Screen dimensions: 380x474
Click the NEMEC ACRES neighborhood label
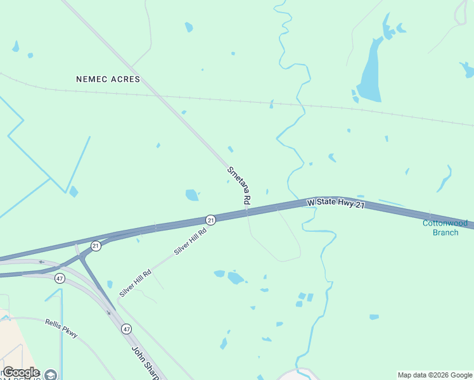point(108,79)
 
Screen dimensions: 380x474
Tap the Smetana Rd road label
point(240,184)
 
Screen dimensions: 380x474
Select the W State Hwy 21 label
point(336,204)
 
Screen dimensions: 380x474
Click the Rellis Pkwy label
point(61,327)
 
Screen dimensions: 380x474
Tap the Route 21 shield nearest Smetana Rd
point(210,219)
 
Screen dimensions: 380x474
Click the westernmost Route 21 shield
point(96,246)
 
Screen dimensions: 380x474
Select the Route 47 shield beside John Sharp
point(126,329)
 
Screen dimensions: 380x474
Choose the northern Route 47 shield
point(60,278)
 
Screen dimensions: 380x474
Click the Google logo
point(21,372)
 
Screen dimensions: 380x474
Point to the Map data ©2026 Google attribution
point(435,375)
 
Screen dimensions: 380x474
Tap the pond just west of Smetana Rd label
point(191,195)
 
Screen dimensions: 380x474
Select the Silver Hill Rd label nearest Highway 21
point(191,242)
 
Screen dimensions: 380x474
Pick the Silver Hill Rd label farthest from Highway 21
point(135,283)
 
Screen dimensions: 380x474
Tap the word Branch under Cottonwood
point(445,232)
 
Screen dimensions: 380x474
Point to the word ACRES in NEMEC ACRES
point(124,79)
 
